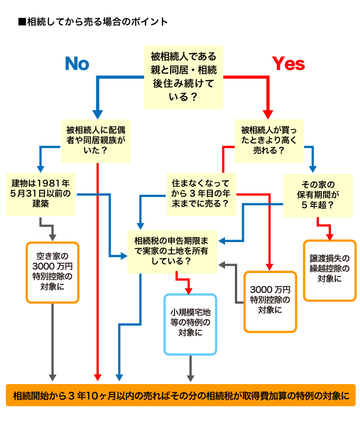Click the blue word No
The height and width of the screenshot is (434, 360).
click(x=77, y=64)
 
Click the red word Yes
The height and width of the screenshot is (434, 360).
click(x=288, y=64)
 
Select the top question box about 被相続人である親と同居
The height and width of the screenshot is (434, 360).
click(x=184, y=77)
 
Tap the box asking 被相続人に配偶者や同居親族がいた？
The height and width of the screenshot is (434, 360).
click(x=95, y=140)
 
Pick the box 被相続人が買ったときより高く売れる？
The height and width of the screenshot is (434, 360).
click(x=269, y=140)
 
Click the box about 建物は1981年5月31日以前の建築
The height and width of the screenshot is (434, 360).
click(x=41, y=193)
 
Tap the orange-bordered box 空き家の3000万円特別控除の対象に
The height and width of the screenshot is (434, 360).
click(x=53, y=273)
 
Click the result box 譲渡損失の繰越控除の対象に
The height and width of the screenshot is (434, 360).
click(x=329, y=270)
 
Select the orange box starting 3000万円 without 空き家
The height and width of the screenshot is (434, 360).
click(x=270, y=301)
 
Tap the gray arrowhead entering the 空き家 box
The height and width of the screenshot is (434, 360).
click(x=53, y=237)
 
